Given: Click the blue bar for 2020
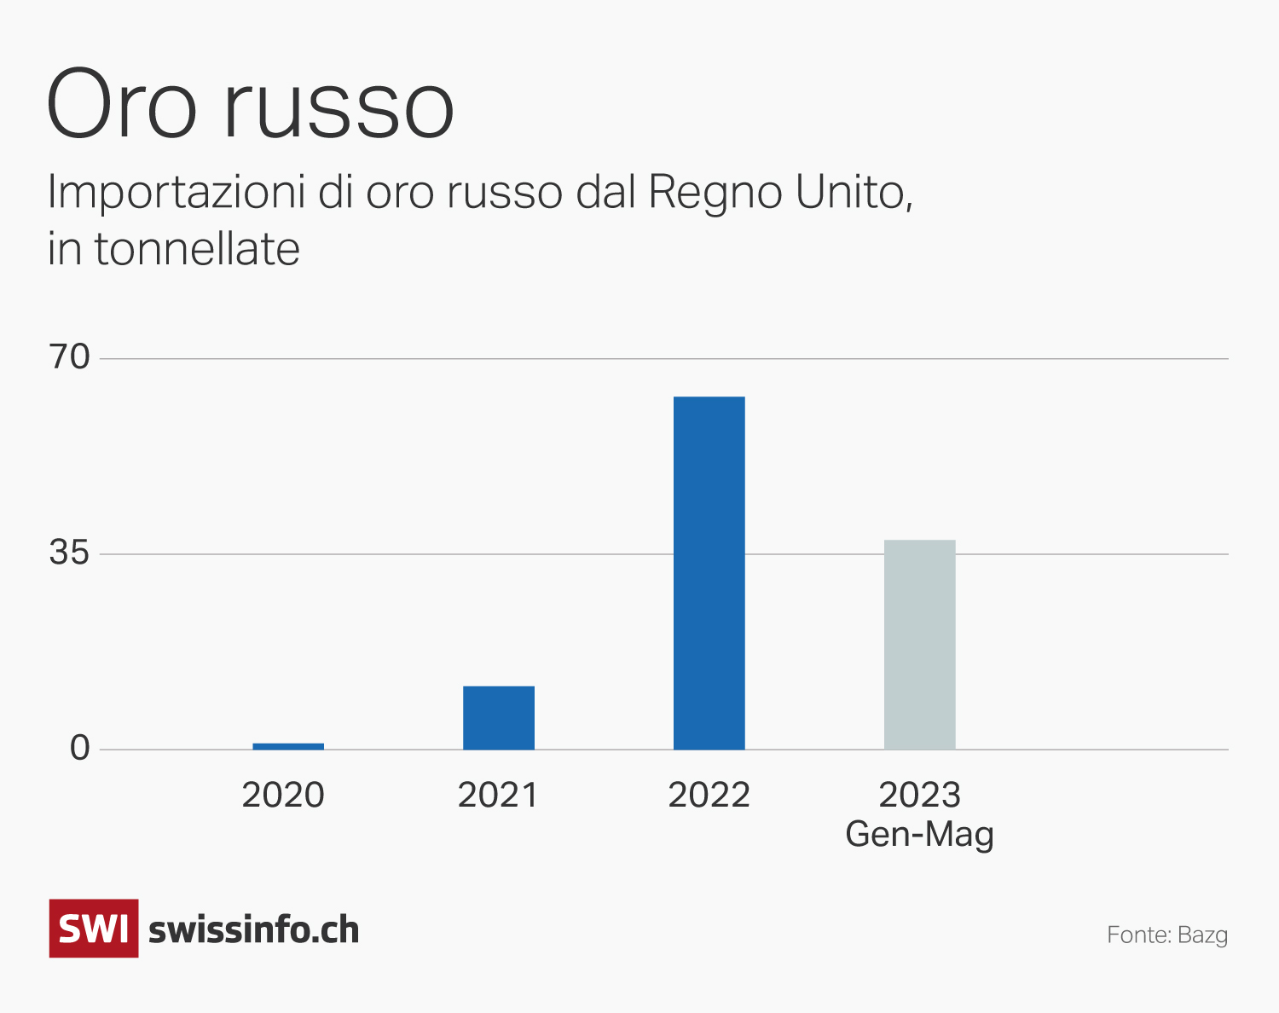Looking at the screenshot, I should tap(288, 746).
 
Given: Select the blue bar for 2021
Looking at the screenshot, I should tap(499, 718).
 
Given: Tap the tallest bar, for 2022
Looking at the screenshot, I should tap(709, 573).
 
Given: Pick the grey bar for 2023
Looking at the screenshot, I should tap(919, 645).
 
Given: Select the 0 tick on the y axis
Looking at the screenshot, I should tap(80, 749).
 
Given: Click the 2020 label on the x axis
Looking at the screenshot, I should tap(283, 796).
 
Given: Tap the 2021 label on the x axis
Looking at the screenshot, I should tap(498, 796).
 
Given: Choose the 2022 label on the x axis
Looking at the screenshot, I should tap(709, 796).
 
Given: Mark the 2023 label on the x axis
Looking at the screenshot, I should tap(919, 796).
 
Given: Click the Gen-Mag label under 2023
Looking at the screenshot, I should tap(919, 834).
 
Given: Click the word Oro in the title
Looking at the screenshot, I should tap(122, 105).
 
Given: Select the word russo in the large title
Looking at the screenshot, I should tap(339, 109).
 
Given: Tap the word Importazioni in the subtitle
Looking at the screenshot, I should tap(176, 193).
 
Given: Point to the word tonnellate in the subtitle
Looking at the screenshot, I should tap(197, 250).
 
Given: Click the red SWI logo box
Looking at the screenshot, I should tap(94, 929).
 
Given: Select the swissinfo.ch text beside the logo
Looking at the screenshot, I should tap(254, 929).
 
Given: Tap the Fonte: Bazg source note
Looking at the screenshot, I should tap(1167, 935).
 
